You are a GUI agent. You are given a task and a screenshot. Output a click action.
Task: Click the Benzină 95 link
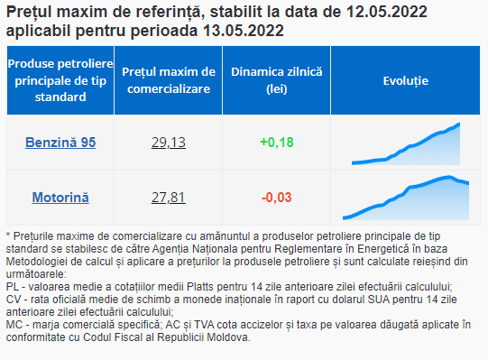point(60,143)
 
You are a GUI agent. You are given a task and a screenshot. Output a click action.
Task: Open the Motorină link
point(60,198)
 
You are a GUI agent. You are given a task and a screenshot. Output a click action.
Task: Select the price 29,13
point(169,143)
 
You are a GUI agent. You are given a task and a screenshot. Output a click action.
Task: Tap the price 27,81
point(169,198)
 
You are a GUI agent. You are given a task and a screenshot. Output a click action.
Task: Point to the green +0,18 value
point(277,143)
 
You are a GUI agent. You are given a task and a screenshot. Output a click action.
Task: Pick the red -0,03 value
point(277,198)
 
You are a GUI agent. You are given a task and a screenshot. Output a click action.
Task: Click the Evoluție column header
point(406,81)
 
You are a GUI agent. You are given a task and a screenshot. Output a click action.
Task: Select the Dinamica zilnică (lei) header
point(277,80)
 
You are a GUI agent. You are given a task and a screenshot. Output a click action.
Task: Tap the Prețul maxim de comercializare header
point(169,80)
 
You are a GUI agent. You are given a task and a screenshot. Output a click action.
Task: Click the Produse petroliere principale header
point(60,80)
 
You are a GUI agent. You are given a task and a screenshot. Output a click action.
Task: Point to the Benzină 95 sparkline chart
point(406,143)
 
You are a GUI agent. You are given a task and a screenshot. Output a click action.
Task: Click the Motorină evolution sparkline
point(406,198)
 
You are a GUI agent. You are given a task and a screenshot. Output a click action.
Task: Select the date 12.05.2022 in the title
point(387,12)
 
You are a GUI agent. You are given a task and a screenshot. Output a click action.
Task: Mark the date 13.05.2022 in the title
point(244,31)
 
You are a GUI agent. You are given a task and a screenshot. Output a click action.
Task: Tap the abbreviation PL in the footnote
point(13,287)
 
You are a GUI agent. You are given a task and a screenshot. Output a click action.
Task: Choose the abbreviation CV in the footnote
point(14,300)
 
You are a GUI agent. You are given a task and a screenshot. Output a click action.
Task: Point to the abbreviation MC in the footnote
point(14,325)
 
